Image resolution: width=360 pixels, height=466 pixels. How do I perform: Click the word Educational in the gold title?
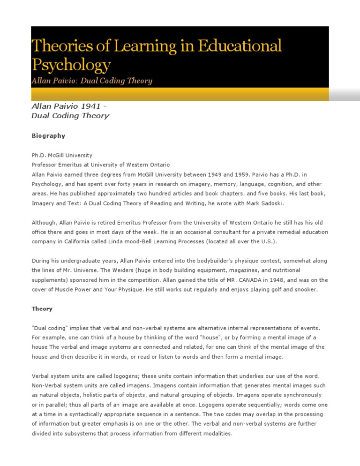click(240, 46)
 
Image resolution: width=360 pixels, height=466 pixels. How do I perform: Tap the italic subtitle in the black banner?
click(91, 81)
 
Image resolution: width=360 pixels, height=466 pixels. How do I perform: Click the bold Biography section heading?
click(48, 136)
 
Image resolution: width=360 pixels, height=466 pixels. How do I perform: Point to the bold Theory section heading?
click(42, 309)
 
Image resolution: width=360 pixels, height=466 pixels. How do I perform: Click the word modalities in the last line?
click(216, 434)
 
